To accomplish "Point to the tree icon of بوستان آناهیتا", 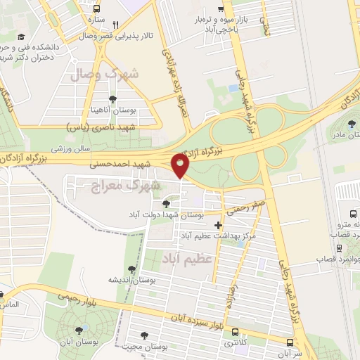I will (x=112, y=98).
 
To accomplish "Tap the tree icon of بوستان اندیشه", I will (x=131, y=269).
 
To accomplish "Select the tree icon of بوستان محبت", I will (x=145, y=335).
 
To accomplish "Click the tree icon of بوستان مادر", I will (x=352, y=124).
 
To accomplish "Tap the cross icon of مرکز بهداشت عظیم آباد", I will (x=219, y=226).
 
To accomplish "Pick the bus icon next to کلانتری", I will (x=234, y=333).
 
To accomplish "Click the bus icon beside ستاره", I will (x=96, y=11).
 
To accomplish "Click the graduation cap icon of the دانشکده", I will (x=21, y=36).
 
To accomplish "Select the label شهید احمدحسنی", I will (x=116, y=164).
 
